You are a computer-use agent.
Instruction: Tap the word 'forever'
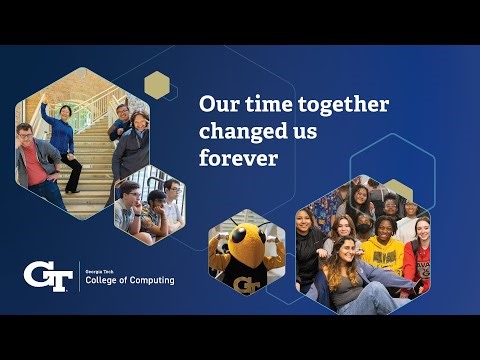pos(238,157)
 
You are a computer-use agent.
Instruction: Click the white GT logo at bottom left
pos(47,276)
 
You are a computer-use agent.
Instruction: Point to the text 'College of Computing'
pos(130,281)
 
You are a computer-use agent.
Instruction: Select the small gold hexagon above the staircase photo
pos(157,84)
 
